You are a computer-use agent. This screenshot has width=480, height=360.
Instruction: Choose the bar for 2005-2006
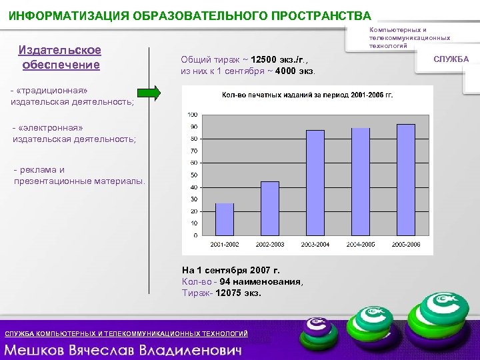point(405,179)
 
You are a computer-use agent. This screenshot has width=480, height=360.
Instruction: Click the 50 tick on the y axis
point(193,175)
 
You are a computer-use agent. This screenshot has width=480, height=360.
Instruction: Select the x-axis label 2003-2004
point(315,245)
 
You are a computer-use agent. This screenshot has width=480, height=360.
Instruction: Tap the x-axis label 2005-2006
point(405,245)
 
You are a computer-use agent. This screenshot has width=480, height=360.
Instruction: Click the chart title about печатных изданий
point(307,95)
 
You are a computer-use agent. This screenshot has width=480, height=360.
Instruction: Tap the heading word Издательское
point(60,51)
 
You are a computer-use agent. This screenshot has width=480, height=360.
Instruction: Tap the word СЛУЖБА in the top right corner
point(451,59)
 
